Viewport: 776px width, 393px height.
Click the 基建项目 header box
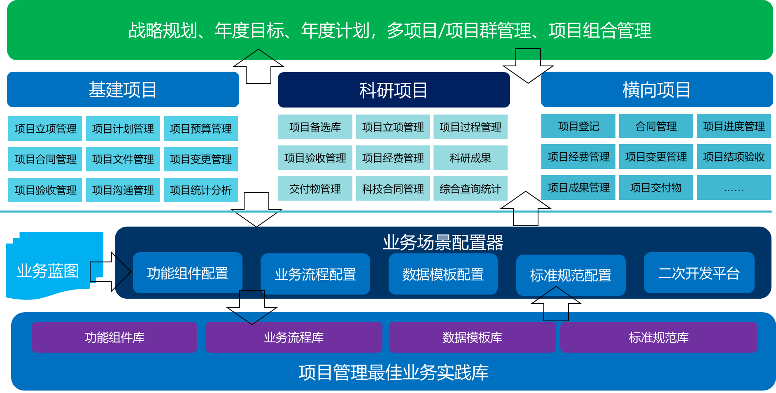[x=123, y=89]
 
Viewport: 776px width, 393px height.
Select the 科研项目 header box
[x=394, y=90]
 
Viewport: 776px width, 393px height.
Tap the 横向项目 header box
[x=656, y=89]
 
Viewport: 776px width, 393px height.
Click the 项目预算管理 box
[x=201, y=129]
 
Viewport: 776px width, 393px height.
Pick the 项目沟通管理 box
[x=123, y=190]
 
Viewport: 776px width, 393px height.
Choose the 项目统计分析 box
[x=201, y=190]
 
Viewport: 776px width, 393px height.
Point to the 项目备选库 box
[x=315, y=127]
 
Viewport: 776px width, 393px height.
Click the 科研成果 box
[x=471, y=158]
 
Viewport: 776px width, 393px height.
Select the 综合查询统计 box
[x=471, y=189]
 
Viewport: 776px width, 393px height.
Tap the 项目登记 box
[x=578, y=126]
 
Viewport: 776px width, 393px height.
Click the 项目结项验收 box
[x=734, y=157]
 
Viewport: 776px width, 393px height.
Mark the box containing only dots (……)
[x=734, y=188]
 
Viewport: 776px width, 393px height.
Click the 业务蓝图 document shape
[x=48, y=270]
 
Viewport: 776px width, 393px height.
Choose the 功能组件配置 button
[x=188, y=273]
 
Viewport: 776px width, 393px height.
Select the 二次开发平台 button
[x=699, y=273]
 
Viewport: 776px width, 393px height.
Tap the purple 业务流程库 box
[x=294, y=337]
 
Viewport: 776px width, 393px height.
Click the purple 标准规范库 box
[x=659, y=337]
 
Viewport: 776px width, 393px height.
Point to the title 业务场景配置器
[x=443, y=242]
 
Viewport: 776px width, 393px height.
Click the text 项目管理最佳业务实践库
[x=394, y=372]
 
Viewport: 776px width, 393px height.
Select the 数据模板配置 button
[x=443, y=274]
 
